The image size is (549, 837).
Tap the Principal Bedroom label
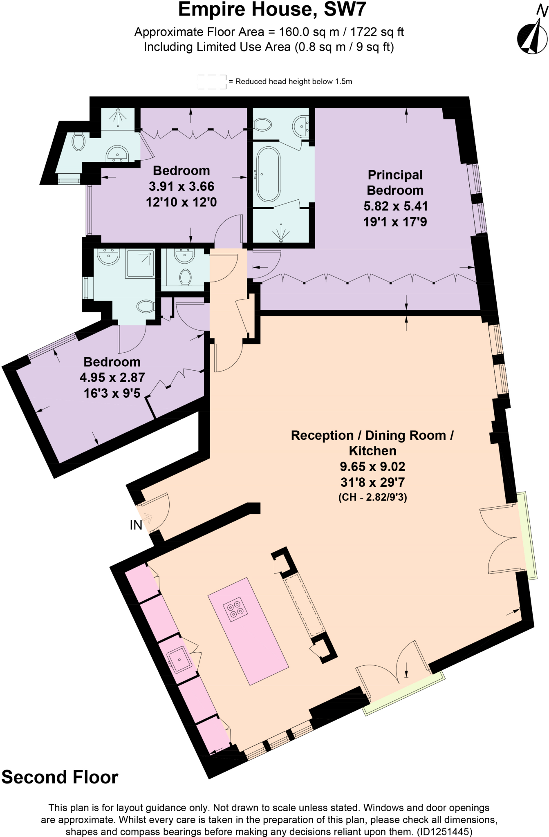click(395, 183)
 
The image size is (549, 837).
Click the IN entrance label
click(136, 525)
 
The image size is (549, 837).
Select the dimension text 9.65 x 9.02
click(372, 466)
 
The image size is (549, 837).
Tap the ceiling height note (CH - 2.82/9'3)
click(372, 497)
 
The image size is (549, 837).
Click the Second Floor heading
click(60, 777)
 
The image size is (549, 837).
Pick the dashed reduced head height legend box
click(212, 82)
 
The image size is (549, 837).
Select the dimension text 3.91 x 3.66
click(182, 186)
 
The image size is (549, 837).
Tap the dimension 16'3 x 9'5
click(112, 393)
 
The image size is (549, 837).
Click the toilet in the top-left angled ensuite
click(78, 142)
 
